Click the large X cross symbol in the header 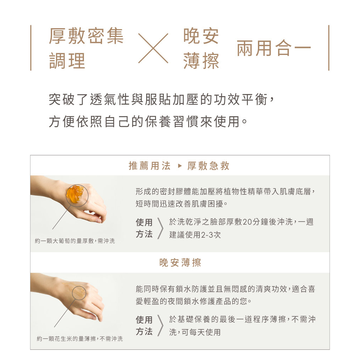pyautogui.click(x=153, y=48)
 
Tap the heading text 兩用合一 pyautogui.click(x=274, y=48)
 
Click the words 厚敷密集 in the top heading pyautogui.click(x=86, y=36)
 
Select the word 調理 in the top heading pyautogui.click(x=67, y=61)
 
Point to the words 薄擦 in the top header pyautogui.click(x=201, y=61)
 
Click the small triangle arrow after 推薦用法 pyautogui.click(x=180, y=166)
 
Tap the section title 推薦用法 pyautogui.click(x=149, y=166)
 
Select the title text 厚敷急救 pyautogui.click(x=208, y=166)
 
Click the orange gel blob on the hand pyautogui.click(x=75, y=194)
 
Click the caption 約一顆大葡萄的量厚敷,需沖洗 pyautogui.click(x=75, y=241)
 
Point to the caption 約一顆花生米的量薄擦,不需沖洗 pyautogui.click(x=80, y=339)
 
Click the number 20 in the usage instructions pyautogui.click(x=247, y=222)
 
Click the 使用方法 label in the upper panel pyautogui.click(x=144, y=228)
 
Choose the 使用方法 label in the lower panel pyautogui.click(x=144, y=325)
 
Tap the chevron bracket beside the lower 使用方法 pyautogui.click(x=161, y=325)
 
